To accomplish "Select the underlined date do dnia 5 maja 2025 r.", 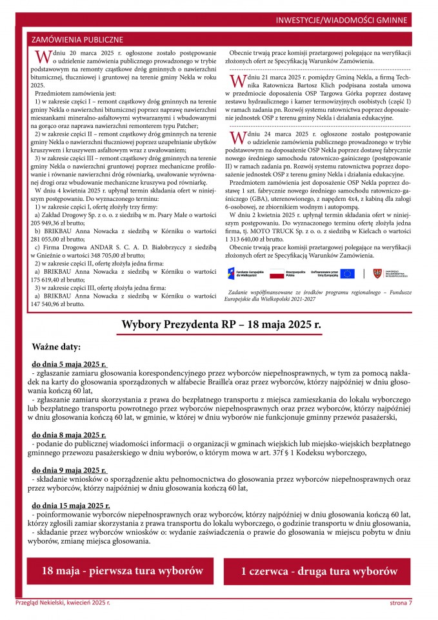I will [70, 364].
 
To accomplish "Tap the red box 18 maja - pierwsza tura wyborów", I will [119, 571].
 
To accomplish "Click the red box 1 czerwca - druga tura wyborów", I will [319, 572].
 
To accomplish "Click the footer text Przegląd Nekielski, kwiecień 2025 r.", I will [63, 603].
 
